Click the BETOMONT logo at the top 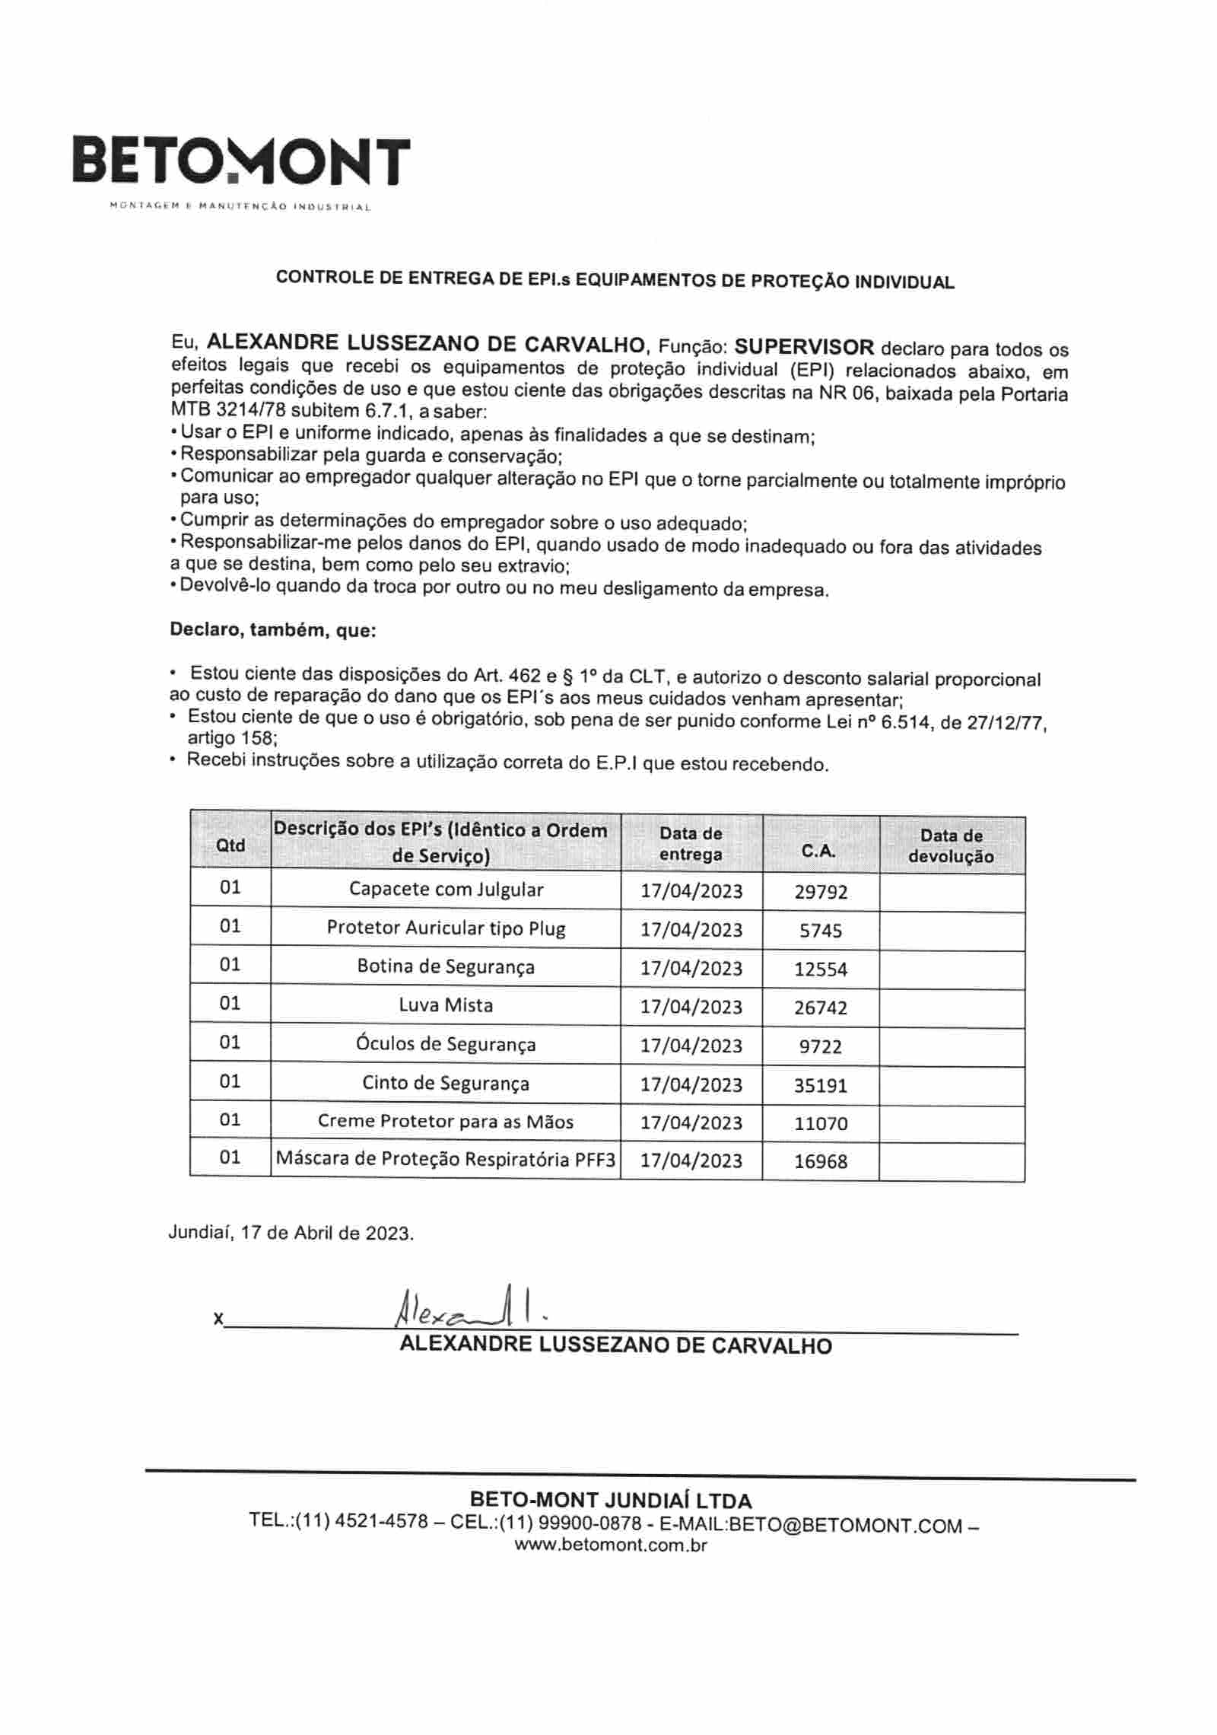pos(240,161)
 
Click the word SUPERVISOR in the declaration pos(804,347)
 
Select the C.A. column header pos(818,852)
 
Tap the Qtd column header pos(230,845)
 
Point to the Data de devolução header pos(951,845)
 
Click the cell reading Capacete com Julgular pos(446,889)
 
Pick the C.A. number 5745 pos(821,930)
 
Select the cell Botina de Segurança pos(446,966)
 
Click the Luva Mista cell pos(446,1005)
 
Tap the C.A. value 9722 pos(821,1046)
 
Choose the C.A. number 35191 pos(821,1085)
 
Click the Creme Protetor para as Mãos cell pos(446,1122)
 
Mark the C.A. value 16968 pos(821,1161)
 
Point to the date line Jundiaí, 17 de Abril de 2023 pos(291,1233)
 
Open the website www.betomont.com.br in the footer pos(610,1545)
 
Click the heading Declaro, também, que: pos(272,630)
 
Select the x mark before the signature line pos(218,1319)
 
